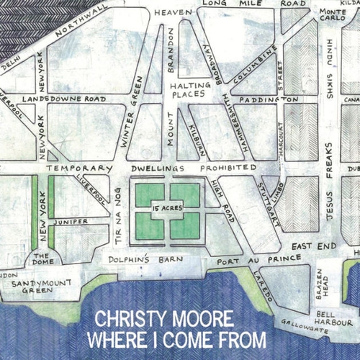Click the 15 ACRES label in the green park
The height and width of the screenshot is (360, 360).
click(166, 208)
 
